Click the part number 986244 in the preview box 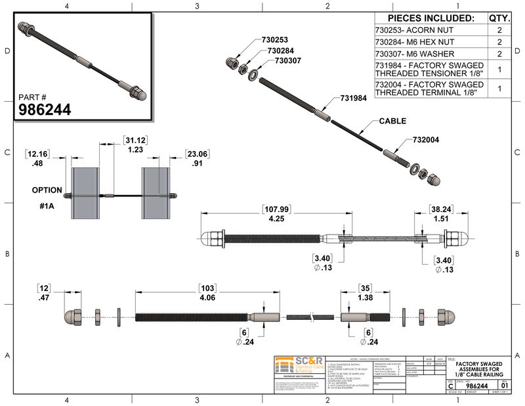pyautogui.click(x=43, y=109)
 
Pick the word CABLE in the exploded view pyautogui.click(x=393, y=122)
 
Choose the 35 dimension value pyautogui.click(x=365, y=288)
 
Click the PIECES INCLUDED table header pyautogui.click(x=430, y=18)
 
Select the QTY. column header pyautogui.click(x=499, y=18)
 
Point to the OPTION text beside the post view pyautogui.click(x=48, y=190)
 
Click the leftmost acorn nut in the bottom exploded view pyautogui.click(x=72, y=316)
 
